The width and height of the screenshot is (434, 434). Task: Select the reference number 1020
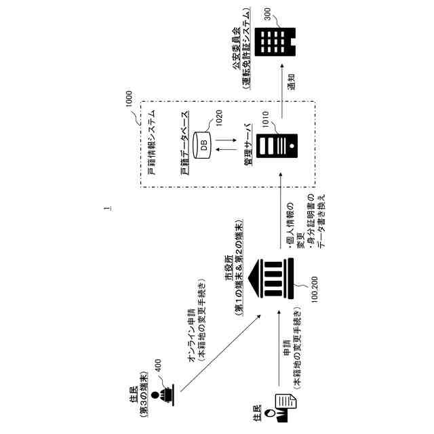click(218, 120)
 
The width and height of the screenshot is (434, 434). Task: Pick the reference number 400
click(159, 366)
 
